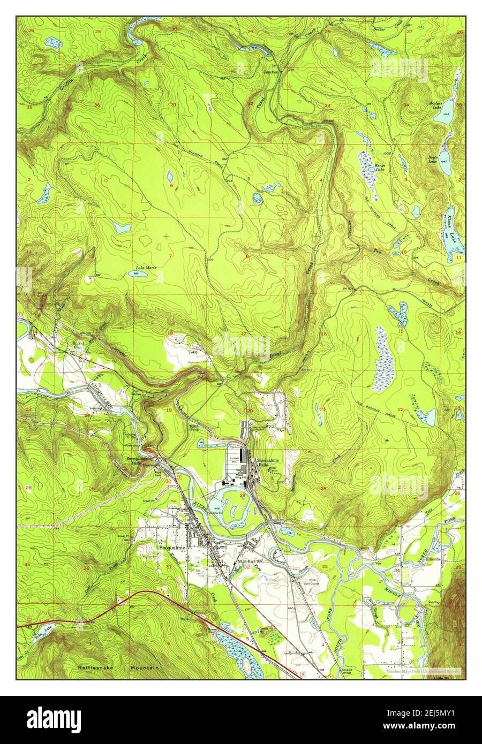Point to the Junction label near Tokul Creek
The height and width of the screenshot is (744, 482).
(270, 71)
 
